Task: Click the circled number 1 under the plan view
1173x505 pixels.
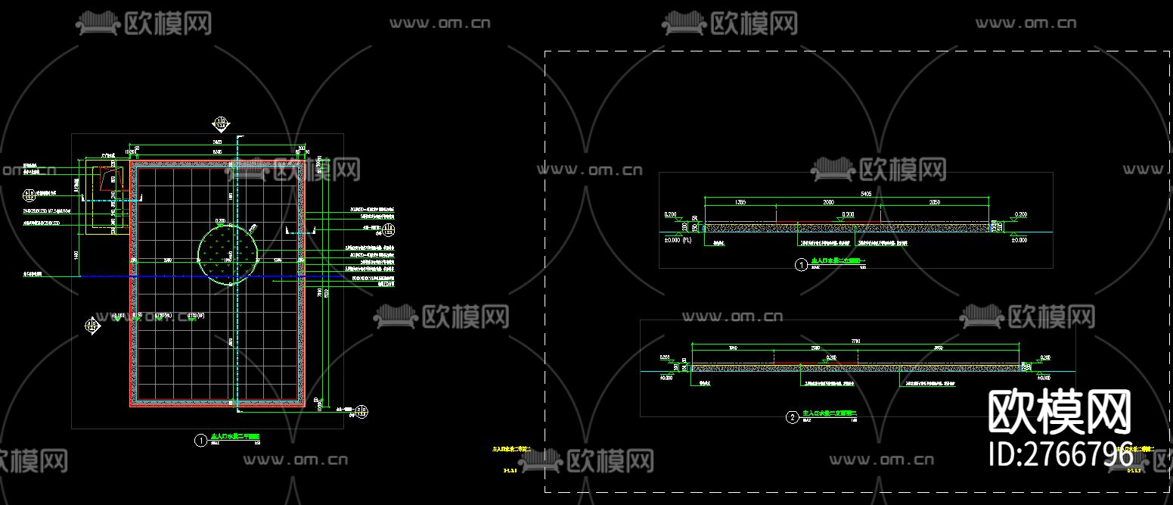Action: [200, 441]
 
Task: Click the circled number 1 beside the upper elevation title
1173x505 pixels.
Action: [800, 265]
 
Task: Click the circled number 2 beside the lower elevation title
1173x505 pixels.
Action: [792, 417]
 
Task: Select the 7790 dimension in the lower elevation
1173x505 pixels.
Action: [855, 341]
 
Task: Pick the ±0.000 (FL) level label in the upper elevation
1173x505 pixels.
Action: [676, 240]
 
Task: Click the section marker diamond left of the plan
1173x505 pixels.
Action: [92, 327]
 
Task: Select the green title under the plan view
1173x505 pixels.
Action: [235, 437]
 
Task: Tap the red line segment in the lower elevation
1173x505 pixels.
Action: [832, 363]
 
